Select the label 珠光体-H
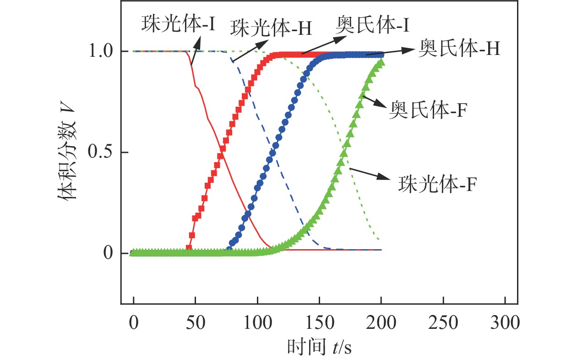tap(271, 28)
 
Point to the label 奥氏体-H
tap(459, 50)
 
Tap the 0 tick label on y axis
tap(108, 253)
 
